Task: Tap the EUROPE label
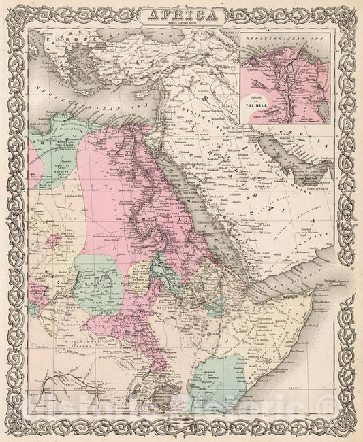[68, 42]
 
